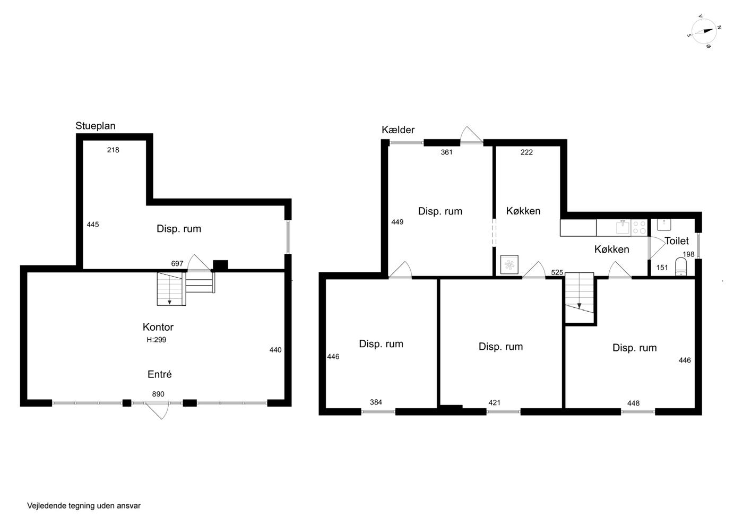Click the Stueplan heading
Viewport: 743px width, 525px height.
[x=95, y=126]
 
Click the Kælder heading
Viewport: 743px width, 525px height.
[x=398, y=130]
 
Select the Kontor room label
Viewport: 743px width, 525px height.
[x=158, y=327]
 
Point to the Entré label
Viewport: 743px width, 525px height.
[x=160, y=374]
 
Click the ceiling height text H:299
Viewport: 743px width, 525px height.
[x=156, y=340]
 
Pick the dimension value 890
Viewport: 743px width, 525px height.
[x=158, y=394]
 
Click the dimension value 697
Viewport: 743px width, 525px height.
[x=177, y=263]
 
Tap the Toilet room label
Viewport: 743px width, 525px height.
[x=676, y=240]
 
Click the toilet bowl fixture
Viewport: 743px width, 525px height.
[x=680, y=268]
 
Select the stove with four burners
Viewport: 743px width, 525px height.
[x=639, y=228]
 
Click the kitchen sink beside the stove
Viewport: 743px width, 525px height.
[x=623, y=227]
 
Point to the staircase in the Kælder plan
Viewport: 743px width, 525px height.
[x=579, y=297]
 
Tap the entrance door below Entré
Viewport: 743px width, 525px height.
[x=158, y=410]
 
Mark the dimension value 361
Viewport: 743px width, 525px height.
[x=446, y=152]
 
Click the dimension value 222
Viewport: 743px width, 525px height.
[x=526, y=152]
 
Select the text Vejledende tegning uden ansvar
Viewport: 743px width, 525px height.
[x=84, y=506]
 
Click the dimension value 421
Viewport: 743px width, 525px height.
[x=494, y=402]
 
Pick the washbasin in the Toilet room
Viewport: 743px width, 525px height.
[x=664, y=225]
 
